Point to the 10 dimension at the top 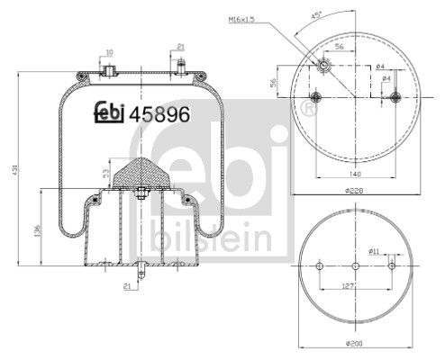pos(109,52)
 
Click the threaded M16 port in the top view pos(323,64)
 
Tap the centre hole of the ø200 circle pos(357,266)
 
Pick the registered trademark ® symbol pos(310,110)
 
